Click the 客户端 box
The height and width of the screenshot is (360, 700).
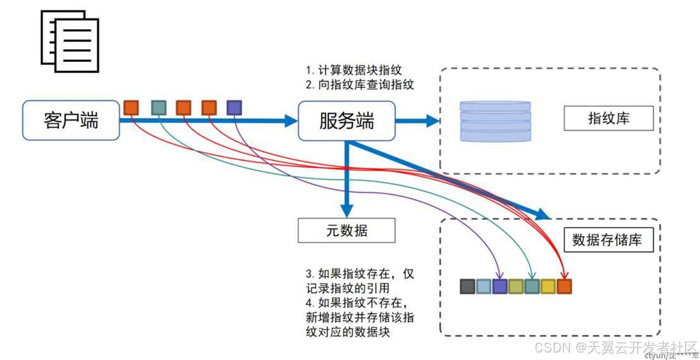tap(71, 120)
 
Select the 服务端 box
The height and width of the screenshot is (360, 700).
tap(346, 120)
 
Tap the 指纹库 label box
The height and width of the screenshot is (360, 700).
tap(608, 118)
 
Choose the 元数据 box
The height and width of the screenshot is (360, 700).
tap(346, 231)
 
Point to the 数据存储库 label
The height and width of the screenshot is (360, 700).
tap(608, 240)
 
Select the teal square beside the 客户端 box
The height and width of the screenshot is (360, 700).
tap(159, 108)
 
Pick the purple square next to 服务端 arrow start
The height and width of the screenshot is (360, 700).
tap(234, 108)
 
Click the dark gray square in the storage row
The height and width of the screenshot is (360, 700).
tap(468, 287)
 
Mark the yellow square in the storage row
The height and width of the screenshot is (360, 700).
tap(548, 287)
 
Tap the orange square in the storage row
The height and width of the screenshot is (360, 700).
tap(564, 287)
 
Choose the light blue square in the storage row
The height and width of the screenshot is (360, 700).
tap(483, 287)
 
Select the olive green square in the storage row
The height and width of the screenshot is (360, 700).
tap(516, 287)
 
